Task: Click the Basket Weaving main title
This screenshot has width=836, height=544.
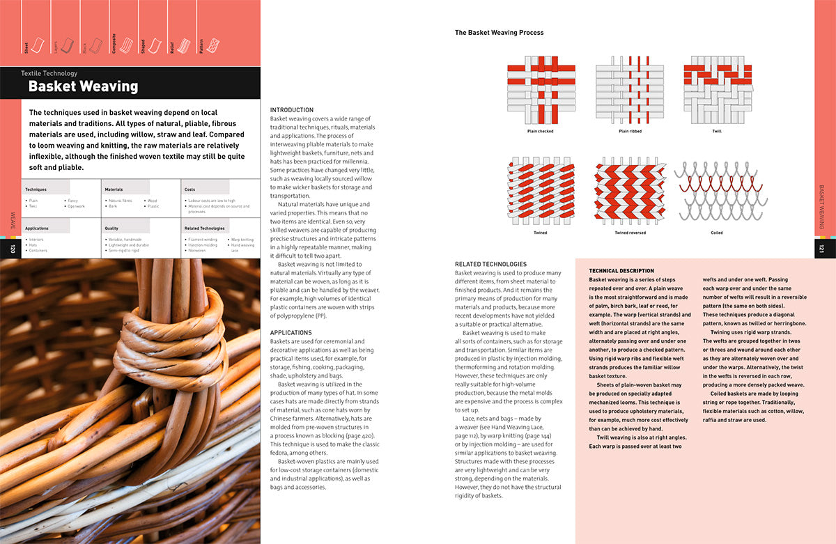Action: (83, 87)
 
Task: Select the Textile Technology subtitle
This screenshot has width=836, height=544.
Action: (49, 73)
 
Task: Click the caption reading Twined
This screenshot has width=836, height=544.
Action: (541, 233)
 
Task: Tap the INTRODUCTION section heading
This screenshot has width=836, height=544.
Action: (292, 110)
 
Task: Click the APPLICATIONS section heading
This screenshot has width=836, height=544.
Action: (291, 333)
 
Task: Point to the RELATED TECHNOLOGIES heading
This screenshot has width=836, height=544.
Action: (490, 264)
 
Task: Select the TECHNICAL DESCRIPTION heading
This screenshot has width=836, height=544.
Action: (621, 271)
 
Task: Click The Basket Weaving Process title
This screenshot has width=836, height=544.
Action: (499, 33)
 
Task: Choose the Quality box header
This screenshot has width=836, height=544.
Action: (111, 228)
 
